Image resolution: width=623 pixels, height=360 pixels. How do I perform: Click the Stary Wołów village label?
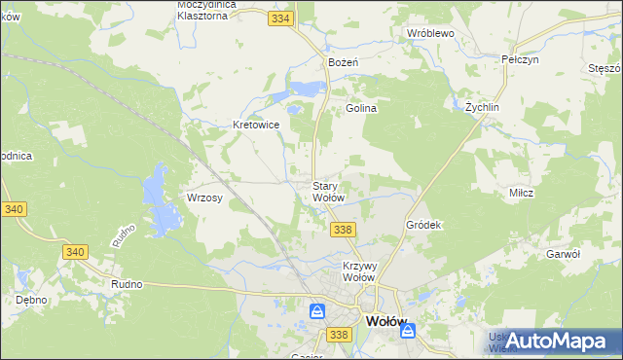tap(328, 192)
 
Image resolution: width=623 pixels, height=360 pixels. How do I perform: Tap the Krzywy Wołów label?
tap(359, 270)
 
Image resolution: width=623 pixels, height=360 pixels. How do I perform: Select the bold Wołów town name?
tap(385, 320)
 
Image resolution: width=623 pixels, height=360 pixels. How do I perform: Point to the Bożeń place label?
tap(344, 62)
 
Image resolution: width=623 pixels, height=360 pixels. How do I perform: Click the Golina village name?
tap(361, 109)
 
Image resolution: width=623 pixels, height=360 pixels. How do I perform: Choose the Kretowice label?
tap(256, 125)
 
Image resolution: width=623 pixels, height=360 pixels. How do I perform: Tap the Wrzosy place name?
tap(204, 198)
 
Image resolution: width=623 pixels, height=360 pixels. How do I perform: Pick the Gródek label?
tap(423, 225)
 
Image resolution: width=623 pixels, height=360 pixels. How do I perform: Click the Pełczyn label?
tap(520, 59)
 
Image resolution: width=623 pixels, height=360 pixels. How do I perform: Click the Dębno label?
tap(31, 300)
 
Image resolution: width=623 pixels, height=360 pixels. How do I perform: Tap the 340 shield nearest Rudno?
tap(75, 252)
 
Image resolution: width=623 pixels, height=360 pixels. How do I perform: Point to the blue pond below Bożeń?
tap(306, 90)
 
